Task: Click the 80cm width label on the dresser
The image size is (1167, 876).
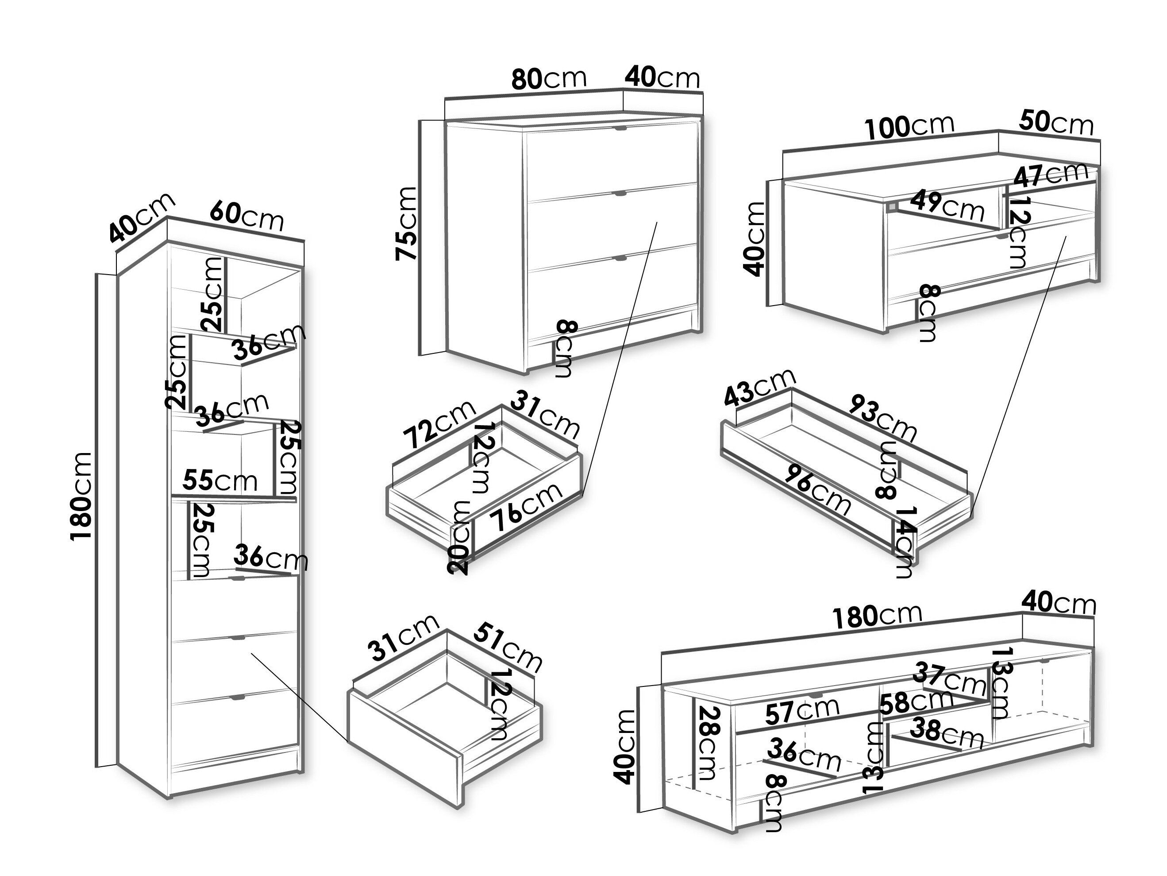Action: tap(549, 79)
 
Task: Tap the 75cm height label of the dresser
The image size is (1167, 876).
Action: tap(407, 223)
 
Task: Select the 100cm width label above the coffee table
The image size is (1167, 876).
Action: tap(909, 127)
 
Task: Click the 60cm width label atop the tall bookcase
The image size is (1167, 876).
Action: tap(246, 215)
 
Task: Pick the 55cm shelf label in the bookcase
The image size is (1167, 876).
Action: tap(220, 481)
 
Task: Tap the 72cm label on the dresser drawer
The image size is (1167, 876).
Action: tap(439, 424)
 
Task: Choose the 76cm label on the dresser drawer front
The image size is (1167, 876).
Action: tap(525, 507)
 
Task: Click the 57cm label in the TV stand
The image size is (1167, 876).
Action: tap(801, 711)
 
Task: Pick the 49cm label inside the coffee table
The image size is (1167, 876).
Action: tap(947, 205)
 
